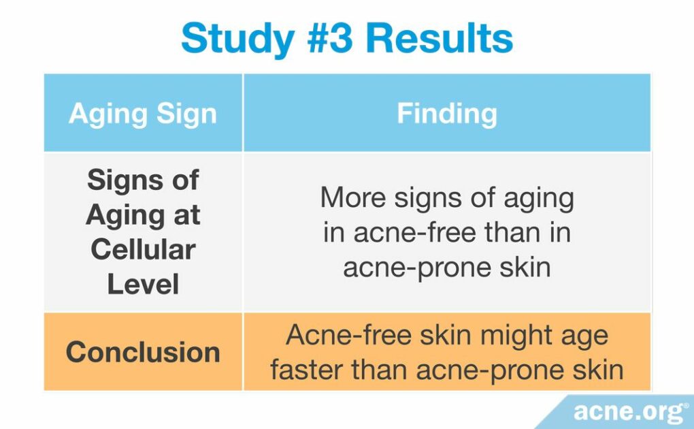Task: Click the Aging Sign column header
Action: click(x=143, y=113)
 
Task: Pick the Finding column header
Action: click(x=446, y=113)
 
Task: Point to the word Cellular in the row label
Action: click(x=143, y=249)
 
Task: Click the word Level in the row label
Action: click(x=143, y=283)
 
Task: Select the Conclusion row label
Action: click(x=143, y=352)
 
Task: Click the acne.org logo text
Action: click(x=627, y=411)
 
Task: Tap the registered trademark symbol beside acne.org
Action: click(x=686, y=407)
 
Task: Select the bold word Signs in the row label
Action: click(x=143, y=181)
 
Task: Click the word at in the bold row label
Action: click(x=186, y=215)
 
